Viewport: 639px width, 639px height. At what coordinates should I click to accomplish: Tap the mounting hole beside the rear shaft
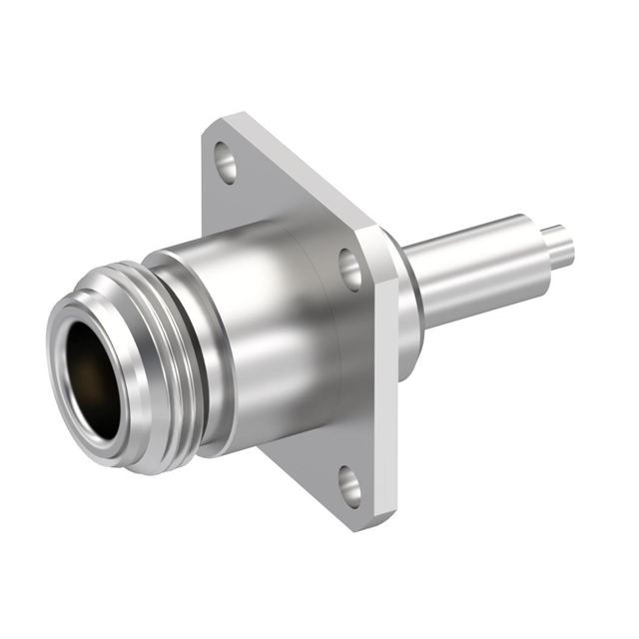click(x=351, y=269)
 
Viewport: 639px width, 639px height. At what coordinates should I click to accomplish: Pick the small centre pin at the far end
click(x=561, y=245)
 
